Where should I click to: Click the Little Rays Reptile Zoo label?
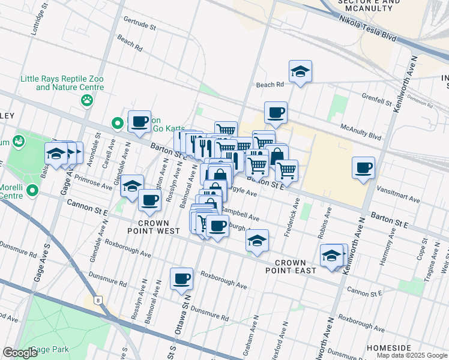coord(62,83)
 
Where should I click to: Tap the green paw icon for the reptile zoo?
coord(88,100)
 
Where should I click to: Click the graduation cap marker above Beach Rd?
coord(300,72)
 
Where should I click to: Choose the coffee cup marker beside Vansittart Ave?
coord(363,168)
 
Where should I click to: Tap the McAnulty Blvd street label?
coord(360,131)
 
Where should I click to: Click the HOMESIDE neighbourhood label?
coord(388,348)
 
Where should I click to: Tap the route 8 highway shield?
coord(97,299)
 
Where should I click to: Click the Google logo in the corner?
coord(20,353)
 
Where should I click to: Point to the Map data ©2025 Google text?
coord(412,355)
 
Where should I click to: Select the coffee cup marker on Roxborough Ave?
coord(181,278)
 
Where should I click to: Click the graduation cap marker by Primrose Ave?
coord(131,186)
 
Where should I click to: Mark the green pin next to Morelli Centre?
coord(33,191)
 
